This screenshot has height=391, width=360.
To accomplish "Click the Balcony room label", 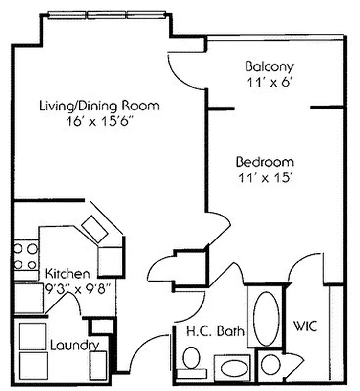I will pos(270,66).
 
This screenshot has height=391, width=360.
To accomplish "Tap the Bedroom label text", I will pos(265,162).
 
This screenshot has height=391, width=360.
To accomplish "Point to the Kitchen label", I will pos(67,274).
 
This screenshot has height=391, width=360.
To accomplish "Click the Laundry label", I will pos(74,345).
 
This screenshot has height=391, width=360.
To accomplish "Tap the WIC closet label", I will pos(305,326).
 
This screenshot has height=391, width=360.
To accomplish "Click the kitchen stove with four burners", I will pos(25,257).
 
